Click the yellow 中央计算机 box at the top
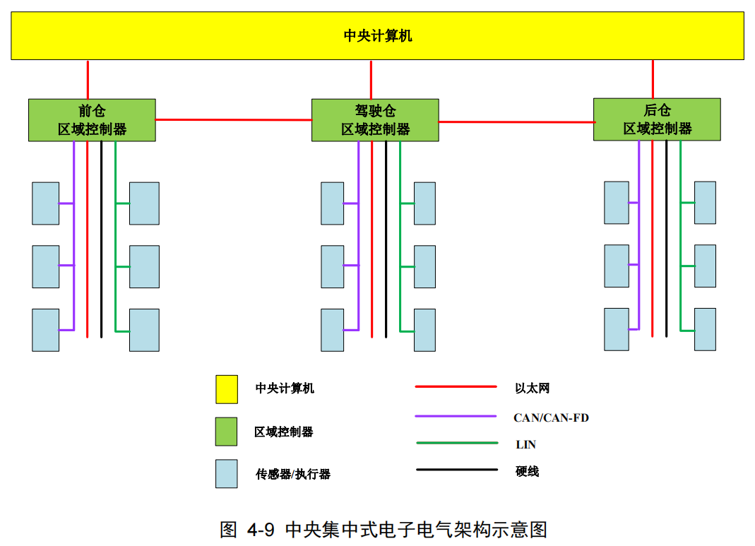coord(377,35)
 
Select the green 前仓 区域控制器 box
coord(92,120)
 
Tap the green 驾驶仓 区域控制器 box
coord(375,120)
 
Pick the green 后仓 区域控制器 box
coord(657,119)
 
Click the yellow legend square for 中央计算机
coord(227,389)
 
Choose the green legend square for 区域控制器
coord(226,432)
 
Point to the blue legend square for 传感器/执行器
coord(226,474)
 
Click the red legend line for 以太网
coord(456,387)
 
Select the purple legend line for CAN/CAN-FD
coord(456,416)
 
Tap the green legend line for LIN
coord(456,444)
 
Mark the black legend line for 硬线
coord(456,470)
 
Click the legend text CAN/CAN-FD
coord(551,417)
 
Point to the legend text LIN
coord(525,445)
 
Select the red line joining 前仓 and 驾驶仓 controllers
coord(233,120)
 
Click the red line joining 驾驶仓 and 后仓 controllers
coord(516,121)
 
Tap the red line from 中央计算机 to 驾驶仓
coord(371,80)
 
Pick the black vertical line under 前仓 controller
coord(101,240)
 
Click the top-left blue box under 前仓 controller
coord(45,203)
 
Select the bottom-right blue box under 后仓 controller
coord(705,329)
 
